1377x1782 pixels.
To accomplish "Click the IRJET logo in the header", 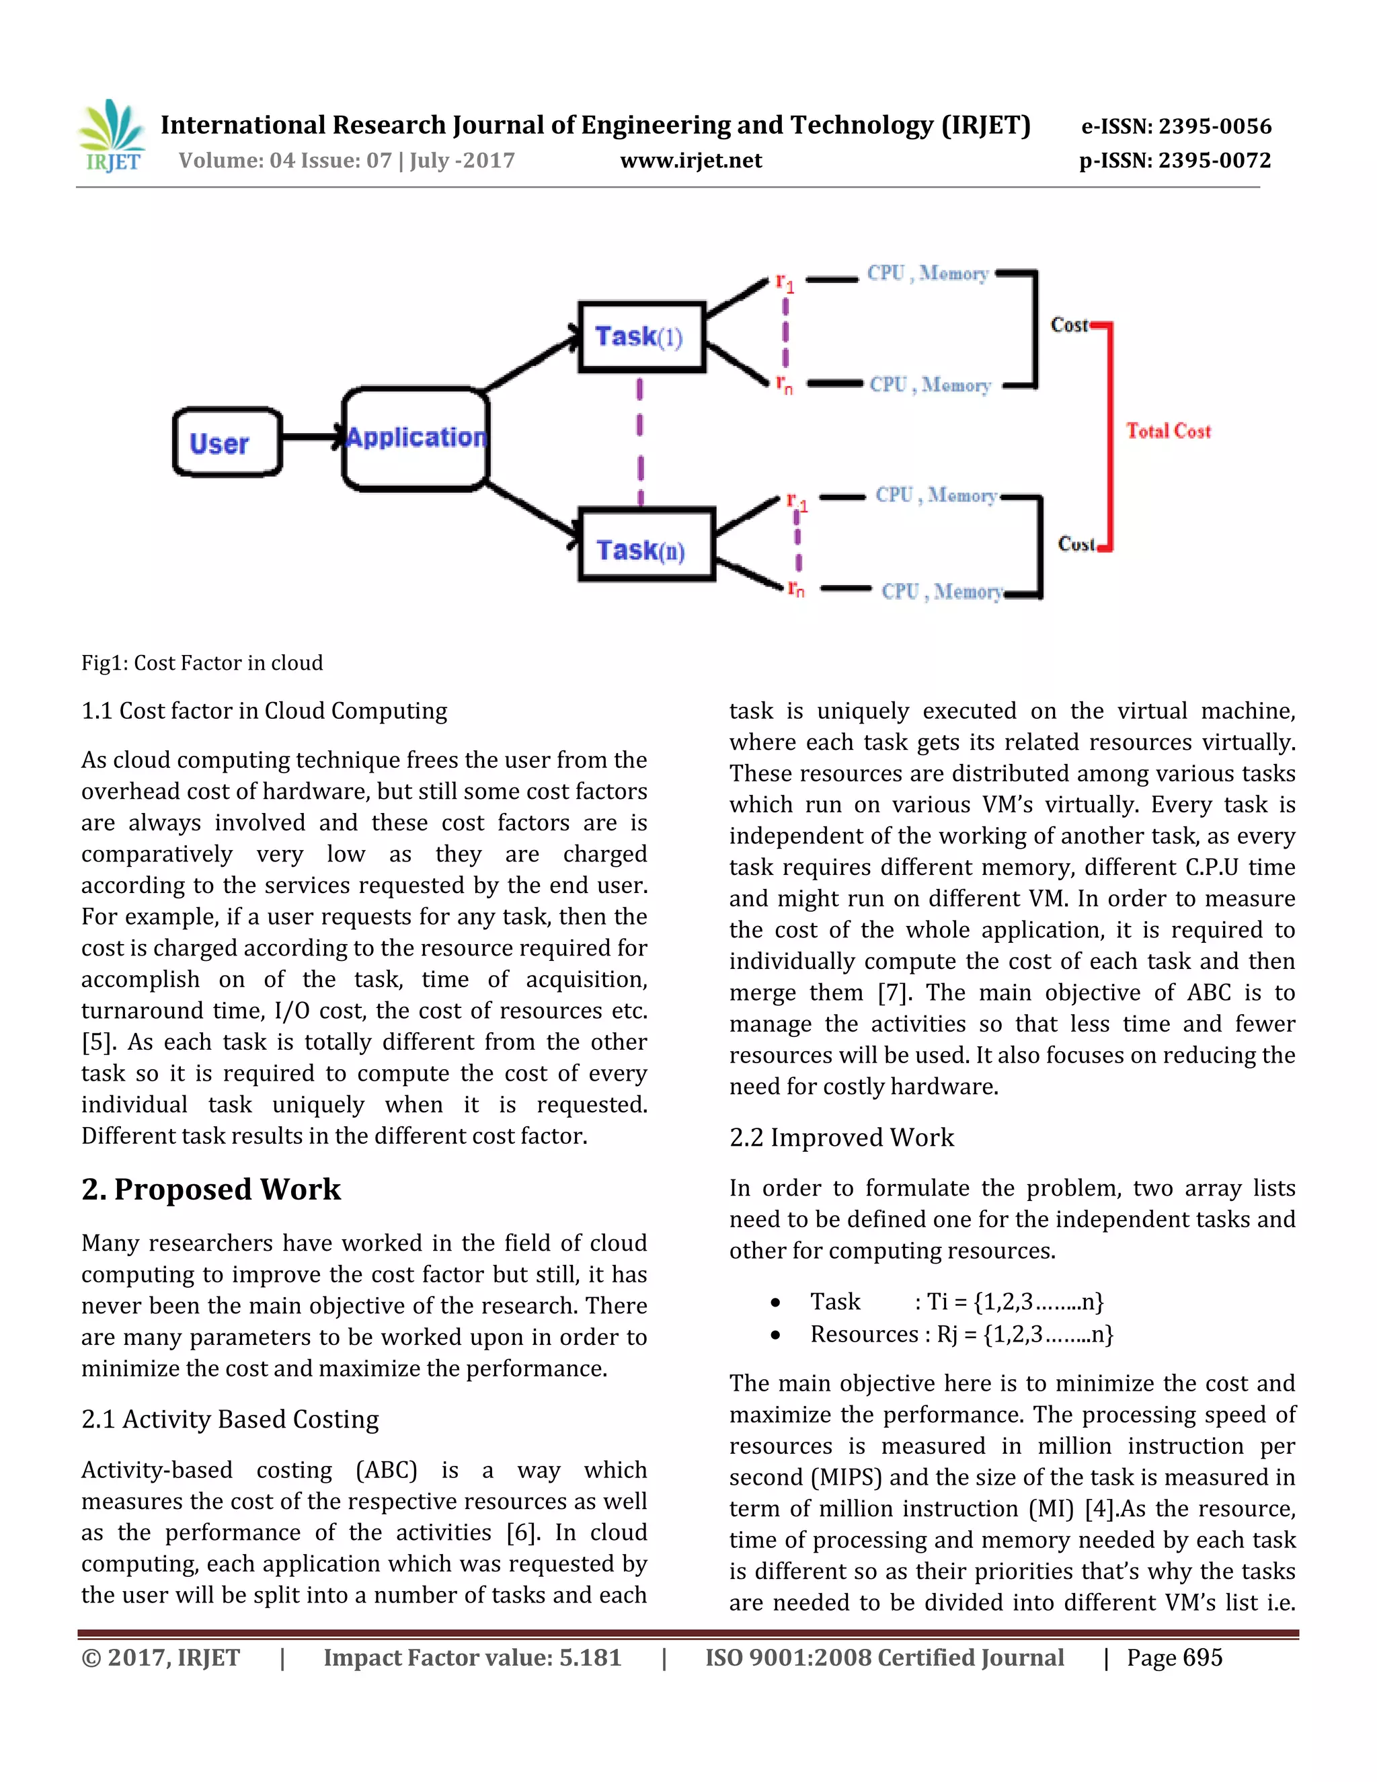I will (112, 137).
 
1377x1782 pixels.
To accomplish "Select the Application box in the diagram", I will (416, 439).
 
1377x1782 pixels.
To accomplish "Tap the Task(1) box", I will (641, 337).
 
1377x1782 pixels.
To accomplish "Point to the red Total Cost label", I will (1168, 431).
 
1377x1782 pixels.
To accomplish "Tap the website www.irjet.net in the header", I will (691, 160).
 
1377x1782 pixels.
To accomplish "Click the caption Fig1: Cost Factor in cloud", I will (202, 662).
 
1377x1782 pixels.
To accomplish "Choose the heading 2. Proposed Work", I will (211, 1189).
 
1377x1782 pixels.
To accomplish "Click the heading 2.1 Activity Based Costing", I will (230, 1419).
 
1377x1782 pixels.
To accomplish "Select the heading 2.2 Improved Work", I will (841, 1136).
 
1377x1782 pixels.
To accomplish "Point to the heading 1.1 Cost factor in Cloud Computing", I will (264, 711).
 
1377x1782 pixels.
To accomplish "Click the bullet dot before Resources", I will (776, 1335).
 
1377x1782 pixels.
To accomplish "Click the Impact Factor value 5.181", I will (590, 1658).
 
